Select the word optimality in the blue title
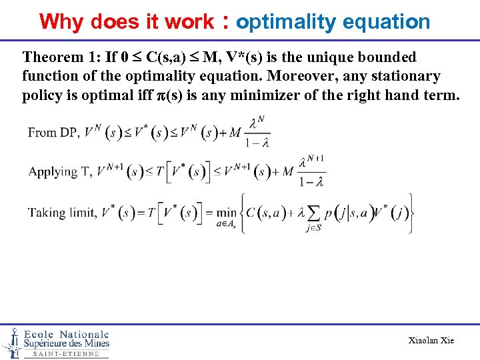point(286,22)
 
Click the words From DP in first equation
point(53,133)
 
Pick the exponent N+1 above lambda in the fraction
point(316,159)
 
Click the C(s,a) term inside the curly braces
point(271,213)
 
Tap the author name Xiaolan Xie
point(431,341)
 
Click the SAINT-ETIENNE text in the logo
point(66,353)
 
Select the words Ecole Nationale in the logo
point(66,334)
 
